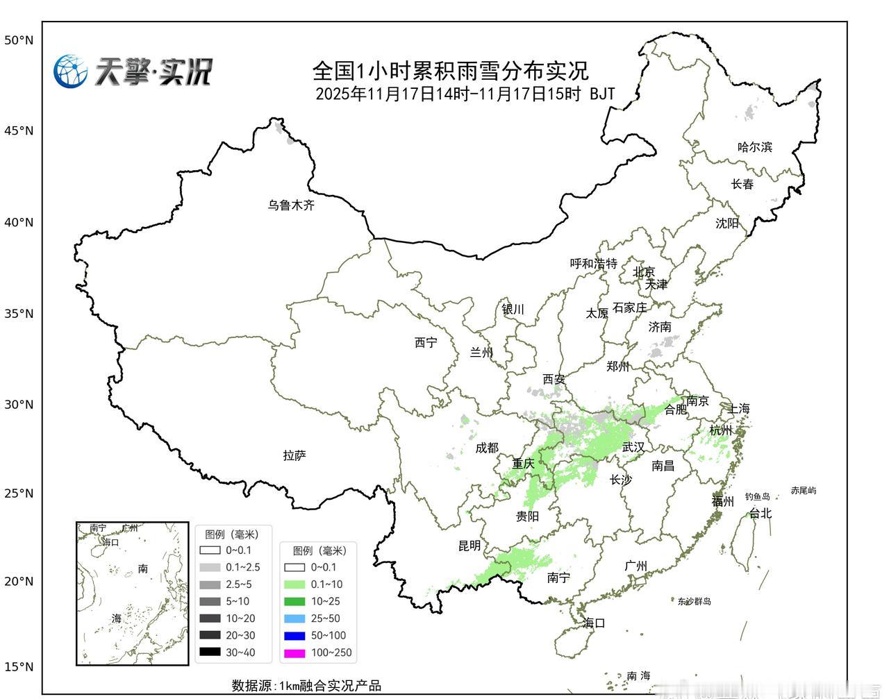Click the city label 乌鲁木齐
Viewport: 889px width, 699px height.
[x=292, y=205]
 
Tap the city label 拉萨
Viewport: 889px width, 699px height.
[x=294, y=455]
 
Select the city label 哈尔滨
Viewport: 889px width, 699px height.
[x=755, y=147]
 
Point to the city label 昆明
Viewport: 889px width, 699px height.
[x=470, y=546]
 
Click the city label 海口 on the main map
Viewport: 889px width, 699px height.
[x=595, y=623]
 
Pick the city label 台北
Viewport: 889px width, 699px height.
[x=761, y=514]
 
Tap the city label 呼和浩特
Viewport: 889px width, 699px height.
[x=594, y=264]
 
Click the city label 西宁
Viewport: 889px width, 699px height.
[x=426, y=342]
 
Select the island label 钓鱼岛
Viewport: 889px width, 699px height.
[x=758, y=496]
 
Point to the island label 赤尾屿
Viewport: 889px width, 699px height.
[x=804, y=491]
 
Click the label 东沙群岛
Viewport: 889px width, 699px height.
[x=695, y=601]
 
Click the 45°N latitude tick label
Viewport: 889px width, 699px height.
[x=19, y=130]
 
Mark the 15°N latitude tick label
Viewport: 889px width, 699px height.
[x=19, y=667]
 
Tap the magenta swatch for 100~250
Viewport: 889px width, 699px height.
[x=295, y=652]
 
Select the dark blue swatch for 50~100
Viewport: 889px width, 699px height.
[x=295, y=635]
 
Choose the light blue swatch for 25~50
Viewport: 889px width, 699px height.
[x=295, y=618]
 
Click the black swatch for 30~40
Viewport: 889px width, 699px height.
[x=210, y=652]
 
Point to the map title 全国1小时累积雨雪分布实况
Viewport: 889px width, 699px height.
[x=450, y=70]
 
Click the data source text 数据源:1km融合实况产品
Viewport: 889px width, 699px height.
[x=306, y=686]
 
